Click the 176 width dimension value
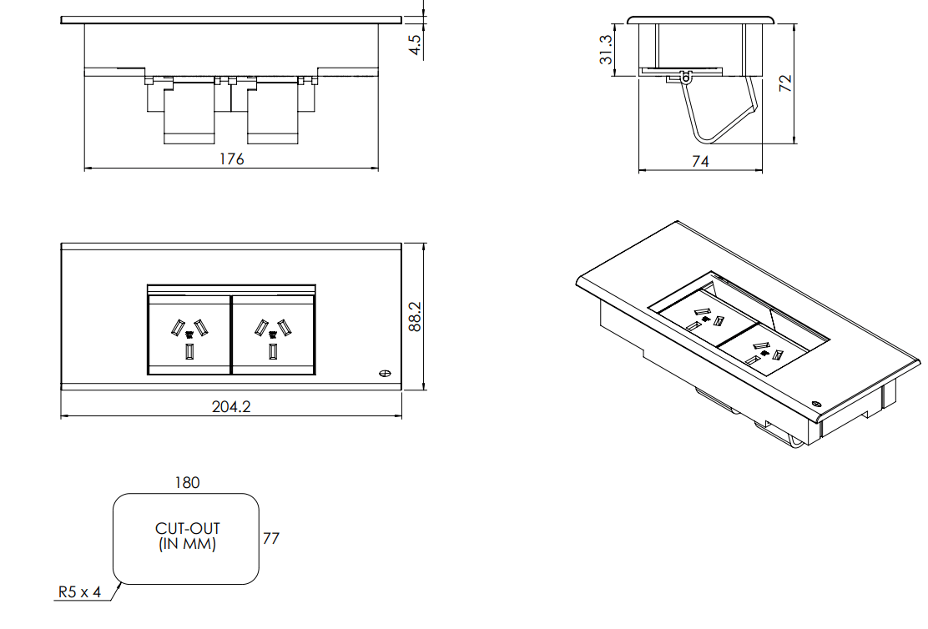pyautogui.click(x=231, y=159)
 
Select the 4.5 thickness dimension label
pyautogui.click(x=415, y=43)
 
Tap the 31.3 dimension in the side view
pyautogui.click(x=607, y=50)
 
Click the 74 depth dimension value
pyautogui.click(x=700, y=162)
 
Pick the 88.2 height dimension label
pyautogui.click(x=415, y=317)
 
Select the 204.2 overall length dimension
pyautogui.click(x=231, y=406)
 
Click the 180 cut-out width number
pyautogui.click(x=187, y=482)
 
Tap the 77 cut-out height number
pyautogui.click(x=270, y=539)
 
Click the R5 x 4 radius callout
pyautogui.click(x=79, y=592)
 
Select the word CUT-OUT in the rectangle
pyautogui.click(x=187, y=529)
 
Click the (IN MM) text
pyautogui.click(x=187, y=545)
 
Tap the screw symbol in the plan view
pyautogui.click(x=386, y=374)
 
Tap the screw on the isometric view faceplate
pyautogui.click(x=816, y=401)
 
